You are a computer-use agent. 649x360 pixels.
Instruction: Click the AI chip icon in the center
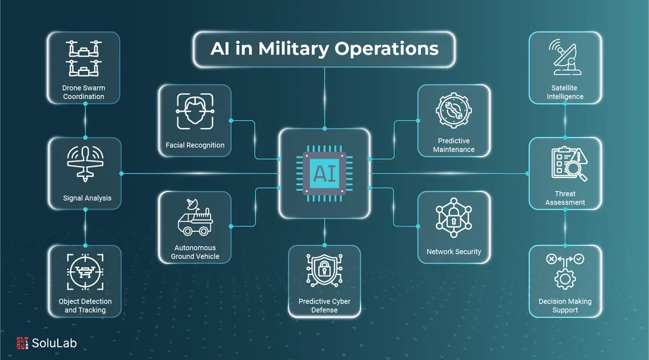[324, 174]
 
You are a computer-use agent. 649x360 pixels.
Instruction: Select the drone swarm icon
[84, 58]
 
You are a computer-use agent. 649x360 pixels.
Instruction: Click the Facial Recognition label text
[195, 145]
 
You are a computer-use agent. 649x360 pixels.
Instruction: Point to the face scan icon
[195, 111]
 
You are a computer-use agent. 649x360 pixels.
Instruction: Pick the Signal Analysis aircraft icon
[86, 164]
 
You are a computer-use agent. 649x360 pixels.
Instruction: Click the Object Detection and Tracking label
[85, 305]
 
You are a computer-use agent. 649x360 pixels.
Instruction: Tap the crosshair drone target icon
[86, 272]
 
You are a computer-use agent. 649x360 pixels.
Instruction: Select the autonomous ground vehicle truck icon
[195, 217]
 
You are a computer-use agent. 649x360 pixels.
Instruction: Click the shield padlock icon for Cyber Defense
[324, 271]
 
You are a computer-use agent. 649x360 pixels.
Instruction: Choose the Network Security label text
[454, 252]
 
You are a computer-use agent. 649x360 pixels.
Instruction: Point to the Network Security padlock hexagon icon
[454, 217]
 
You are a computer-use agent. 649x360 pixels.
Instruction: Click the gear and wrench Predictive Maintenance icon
[454, 111]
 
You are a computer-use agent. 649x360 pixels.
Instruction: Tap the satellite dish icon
[565, 57]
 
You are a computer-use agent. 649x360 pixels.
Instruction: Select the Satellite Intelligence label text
[565, 93]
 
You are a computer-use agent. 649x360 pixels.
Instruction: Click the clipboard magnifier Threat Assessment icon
[569, 164]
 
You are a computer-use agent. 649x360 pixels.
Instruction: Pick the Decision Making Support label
[565, 305]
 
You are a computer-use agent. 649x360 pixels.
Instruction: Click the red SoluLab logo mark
[22, 343]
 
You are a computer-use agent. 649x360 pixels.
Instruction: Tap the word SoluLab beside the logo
[55, 343]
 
